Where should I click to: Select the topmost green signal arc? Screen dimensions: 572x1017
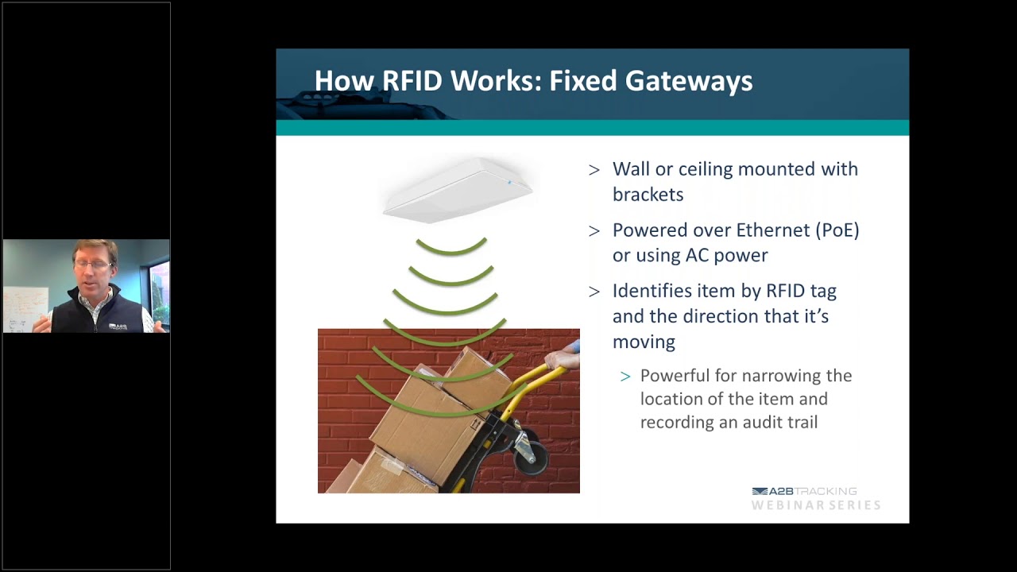[451, 248]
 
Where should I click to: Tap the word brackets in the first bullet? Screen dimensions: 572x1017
[648, 195]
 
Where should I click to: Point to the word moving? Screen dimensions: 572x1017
[644, 342]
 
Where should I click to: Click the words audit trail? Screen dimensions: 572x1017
[782, 423]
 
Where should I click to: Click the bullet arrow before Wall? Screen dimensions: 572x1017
[594, 169]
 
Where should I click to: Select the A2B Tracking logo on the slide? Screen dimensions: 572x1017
[803, 492]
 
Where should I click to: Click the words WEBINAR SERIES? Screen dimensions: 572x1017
[816, 505]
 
